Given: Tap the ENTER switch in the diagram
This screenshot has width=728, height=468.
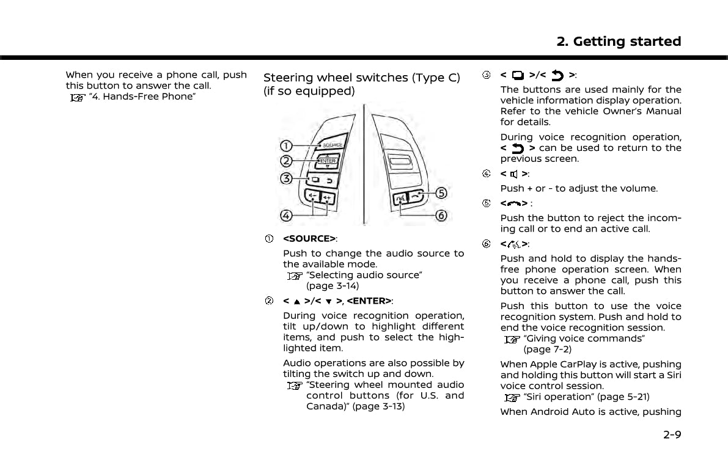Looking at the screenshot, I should click(x=328, y=161).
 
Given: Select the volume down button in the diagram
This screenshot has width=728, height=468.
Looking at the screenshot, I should click(x=312, y=197).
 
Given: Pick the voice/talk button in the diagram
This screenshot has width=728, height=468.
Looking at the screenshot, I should click(x=401, y=198).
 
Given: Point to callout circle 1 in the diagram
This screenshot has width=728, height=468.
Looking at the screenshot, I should click(x=286, y=145).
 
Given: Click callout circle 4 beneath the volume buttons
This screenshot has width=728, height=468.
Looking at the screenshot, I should click(x=286, y=215).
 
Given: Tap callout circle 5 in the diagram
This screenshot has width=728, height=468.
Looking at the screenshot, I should click(x=441, y=193).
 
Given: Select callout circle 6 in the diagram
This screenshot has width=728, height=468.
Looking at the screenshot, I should click(x=441, y=216).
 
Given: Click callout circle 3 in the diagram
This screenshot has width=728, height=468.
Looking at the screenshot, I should click(x=286, y=179).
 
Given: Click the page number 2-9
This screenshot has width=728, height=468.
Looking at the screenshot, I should click(x=671, y=435).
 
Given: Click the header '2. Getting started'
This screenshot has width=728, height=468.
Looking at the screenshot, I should click(x=619, y=42).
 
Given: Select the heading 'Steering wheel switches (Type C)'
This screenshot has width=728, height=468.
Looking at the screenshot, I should click(x=361, y=78).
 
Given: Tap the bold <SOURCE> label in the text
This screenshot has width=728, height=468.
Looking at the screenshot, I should click(x=309, y=238).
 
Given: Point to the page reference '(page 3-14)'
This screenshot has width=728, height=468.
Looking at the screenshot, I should click(x=333, y=286).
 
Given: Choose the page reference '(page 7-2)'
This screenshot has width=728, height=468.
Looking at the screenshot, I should click(x=548, y=349).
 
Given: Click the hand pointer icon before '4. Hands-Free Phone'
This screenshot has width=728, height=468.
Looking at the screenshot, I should click(x=77, y=97).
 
